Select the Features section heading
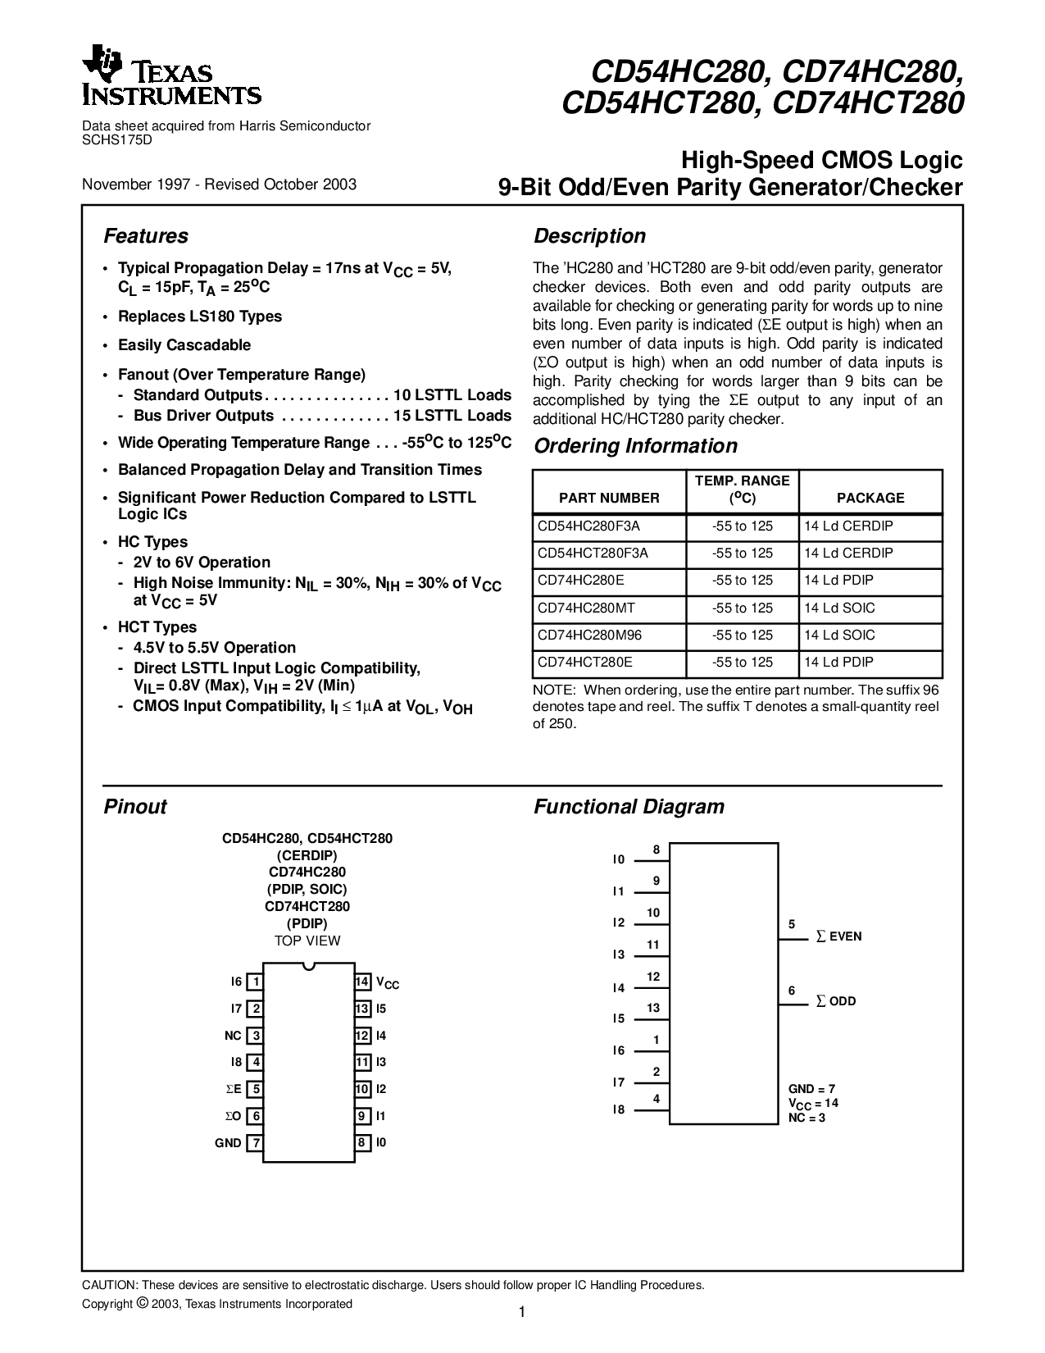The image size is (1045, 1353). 146,236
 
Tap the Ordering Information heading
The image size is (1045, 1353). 635,446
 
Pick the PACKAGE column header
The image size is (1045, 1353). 870,498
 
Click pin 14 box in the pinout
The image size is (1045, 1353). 362,982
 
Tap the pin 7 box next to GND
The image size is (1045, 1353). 256,1143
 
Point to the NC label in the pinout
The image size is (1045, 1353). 233,1036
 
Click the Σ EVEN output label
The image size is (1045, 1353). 838,936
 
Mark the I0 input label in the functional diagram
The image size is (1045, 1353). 619,860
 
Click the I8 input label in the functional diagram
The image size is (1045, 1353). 619,1109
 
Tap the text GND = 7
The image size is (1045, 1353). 811,1089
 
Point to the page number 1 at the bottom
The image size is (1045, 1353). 521,1312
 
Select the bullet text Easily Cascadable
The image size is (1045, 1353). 184,345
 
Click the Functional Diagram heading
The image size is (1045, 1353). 629,807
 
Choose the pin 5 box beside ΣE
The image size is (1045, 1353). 256,1090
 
